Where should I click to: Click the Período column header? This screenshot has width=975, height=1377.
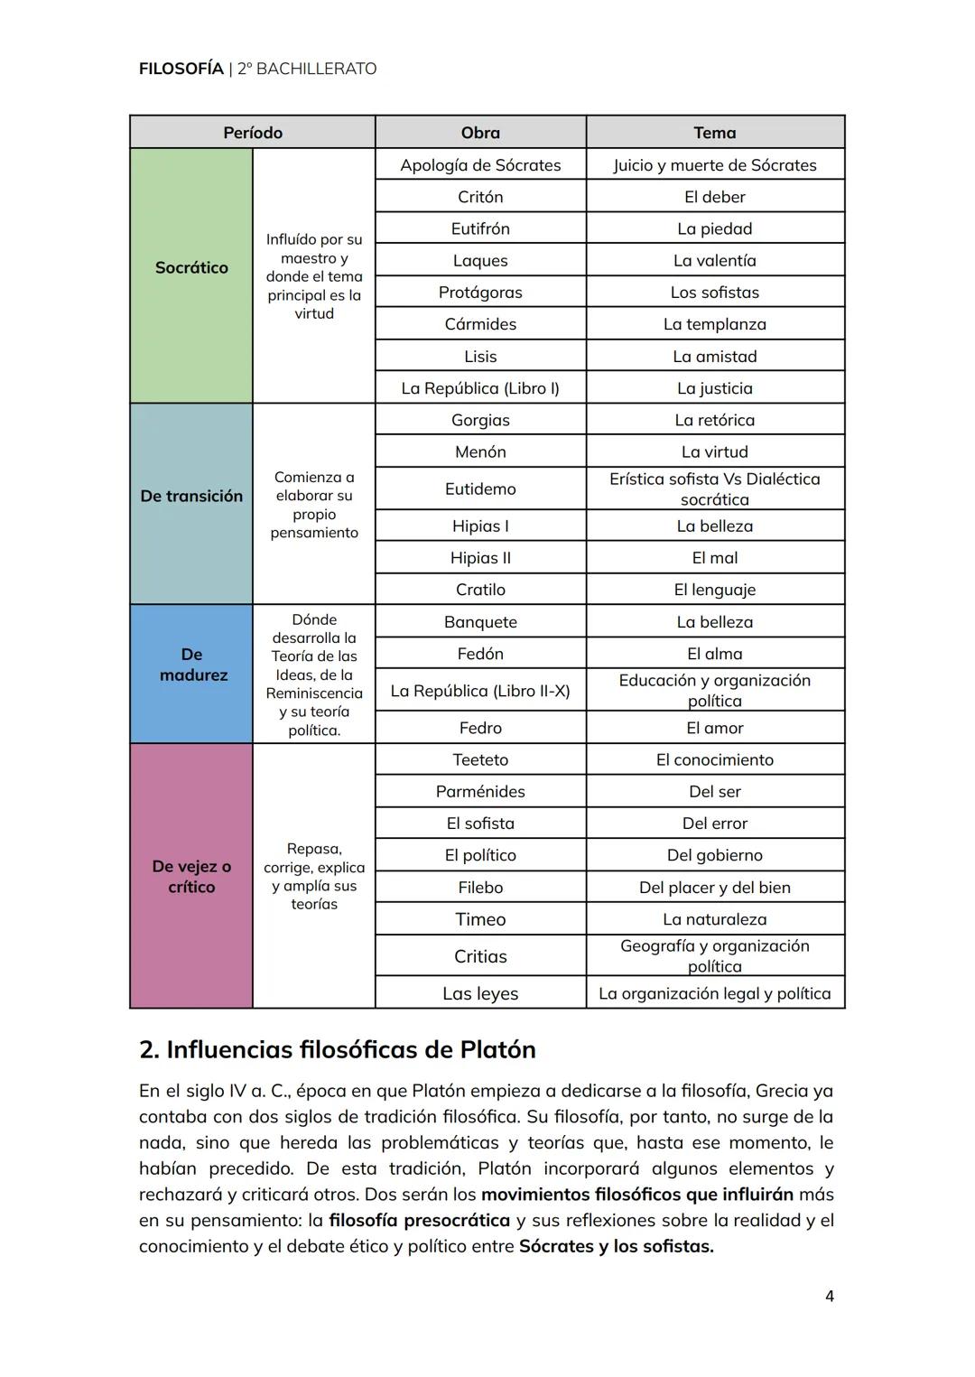(x=253, y=133)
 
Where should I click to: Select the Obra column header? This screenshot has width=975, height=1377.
(x=480, y=133)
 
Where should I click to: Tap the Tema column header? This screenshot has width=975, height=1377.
(x=714, y=133)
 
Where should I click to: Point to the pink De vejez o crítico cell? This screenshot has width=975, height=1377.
(x=191, y=877)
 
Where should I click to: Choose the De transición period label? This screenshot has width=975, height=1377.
(x=191, y=497)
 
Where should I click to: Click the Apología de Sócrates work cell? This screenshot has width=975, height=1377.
(x=480, y=165)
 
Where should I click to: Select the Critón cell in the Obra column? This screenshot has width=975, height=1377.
(x=480, y=197)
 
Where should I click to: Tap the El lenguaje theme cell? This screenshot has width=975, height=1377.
(x=714, y=590)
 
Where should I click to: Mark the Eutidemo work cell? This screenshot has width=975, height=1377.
(x=480, y=489)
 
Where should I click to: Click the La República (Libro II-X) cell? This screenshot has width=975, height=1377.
(x=480, y=691)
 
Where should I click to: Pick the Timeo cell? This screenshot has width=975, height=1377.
(x=480, y=919)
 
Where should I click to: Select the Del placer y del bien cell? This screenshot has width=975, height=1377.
(x=714, y=888)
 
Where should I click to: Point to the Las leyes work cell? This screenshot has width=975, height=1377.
(x=480, y=993)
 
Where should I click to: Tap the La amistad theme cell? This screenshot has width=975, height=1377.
(x=714, y=357)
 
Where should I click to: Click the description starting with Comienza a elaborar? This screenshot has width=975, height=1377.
(x=314, y=505)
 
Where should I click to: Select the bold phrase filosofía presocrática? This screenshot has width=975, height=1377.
(x=419, y=1221)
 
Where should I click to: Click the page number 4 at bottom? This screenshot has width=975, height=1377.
(x=829, y=1297)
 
